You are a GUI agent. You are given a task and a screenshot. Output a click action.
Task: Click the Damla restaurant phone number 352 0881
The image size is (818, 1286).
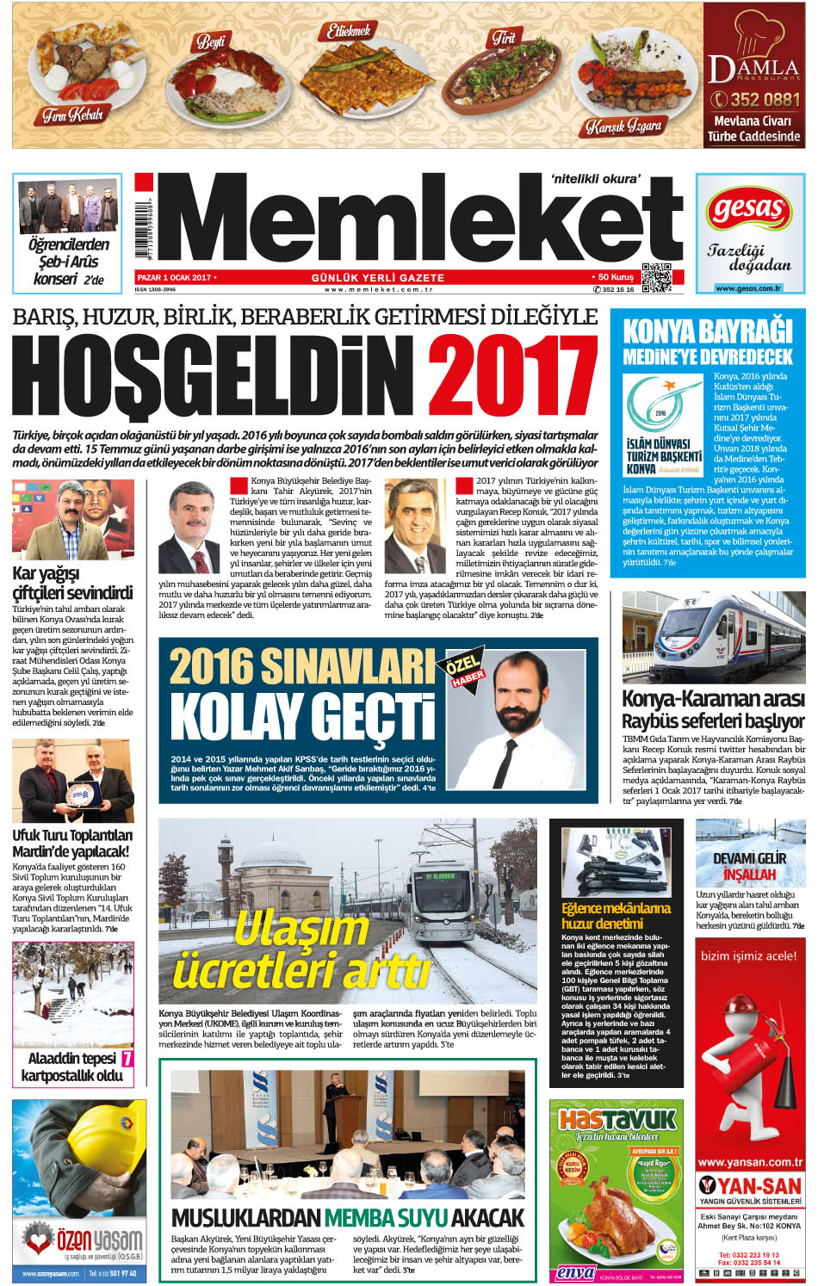coord(755,100)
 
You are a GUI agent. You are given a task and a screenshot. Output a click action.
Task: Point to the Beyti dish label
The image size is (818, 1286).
coord(211,40)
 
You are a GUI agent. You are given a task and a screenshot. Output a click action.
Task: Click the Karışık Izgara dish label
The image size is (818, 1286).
coord(623,127)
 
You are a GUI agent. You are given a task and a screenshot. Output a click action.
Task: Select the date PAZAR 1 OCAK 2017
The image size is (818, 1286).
coord(175,277)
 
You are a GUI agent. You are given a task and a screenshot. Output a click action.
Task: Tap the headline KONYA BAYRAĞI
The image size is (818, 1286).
coord(707,331)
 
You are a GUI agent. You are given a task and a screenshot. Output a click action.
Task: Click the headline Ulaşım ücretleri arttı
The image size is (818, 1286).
coord(301,951)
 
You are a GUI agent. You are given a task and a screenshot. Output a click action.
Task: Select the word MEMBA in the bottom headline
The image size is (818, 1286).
coord(385,1217)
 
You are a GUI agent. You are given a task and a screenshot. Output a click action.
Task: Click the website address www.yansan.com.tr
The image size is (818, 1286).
coord(749,1161)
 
